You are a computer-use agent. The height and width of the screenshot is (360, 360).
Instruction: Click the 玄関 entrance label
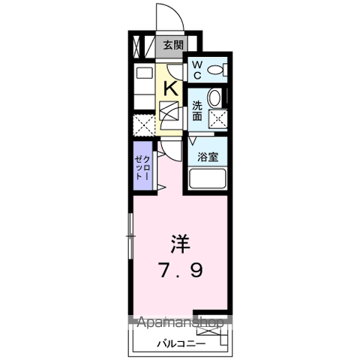click(x=173, y=45)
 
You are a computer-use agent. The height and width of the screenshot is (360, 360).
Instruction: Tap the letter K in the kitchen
click(x=171, y=88)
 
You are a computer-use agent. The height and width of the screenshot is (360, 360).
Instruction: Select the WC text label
click(x=196, y=70)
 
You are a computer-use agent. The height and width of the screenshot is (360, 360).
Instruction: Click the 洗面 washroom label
click(x=196, y=111)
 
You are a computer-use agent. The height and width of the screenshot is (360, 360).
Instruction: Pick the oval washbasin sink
click(x=215, y=97)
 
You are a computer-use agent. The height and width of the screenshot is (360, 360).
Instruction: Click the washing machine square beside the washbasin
click(x=217, y=118)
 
